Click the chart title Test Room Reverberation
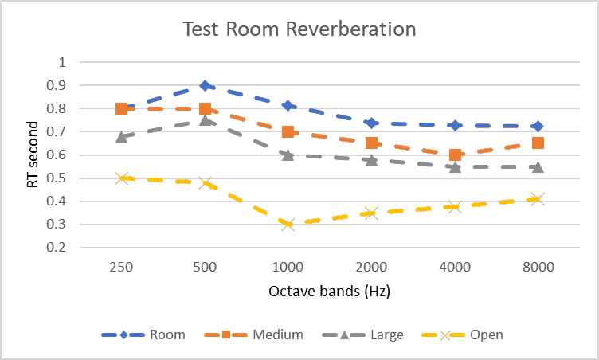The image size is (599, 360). [299, 29]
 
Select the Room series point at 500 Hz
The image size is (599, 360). [206, 85]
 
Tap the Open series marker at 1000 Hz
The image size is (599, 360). [288, 224]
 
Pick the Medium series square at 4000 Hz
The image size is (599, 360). [455, 155]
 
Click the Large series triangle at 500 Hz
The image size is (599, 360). [206, 120]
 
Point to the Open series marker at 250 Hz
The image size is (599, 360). [122, 178]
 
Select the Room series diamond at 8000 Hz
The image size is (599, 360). [538, 126]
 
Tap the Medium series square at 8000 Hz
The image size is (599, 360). [538, 143]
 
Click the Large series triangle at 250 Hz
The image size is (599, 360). [122, 136]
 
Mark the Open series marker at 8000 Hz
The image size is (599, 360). [538, 198]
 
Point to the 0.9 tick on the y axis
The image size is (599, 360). [60, 85]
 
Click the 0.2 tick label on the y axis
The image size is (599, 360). [60, 247]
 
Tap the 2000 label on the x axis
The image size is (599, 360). [372, 268]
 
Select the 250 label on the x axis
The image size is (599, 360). [122, 268]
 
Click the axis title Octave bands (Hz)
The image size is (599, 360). [331, 292]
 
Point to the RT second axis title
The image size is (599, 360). [33, 155]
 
